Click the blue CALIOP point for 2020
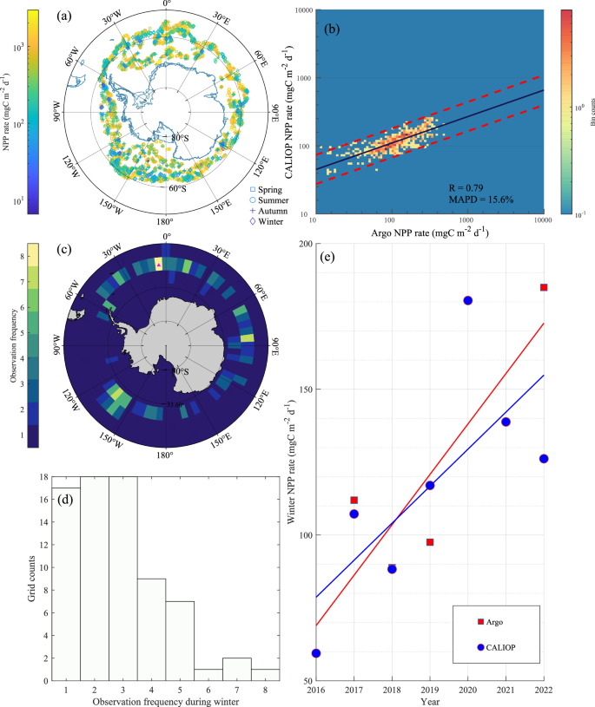[467, 300]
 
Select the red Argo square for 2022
[544, 287]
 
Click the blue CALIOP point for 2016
[316, 653]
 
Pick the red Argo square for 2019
[430, 542]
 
